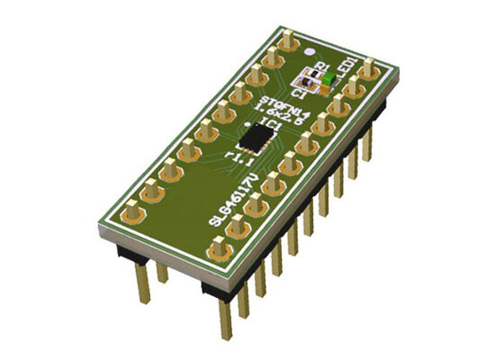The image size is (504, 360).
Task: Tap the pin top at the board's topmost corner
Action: (289, 40)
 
